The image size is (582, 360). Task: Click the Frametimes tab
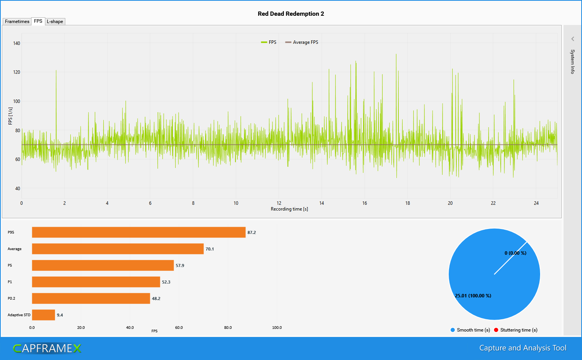coord(17,22)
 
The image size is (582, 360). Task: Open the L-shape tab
coord(55,22)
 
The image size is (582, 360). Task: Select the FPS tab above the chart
coord(38,21)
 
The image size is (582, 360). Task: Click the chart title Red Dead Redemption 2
coord(291,14)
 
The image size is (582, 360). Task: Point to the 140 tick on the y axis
coord(17,43)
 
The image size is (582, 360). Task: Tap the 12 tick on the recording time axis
coord(279,203)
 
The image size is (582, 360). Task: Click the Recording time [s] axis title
coord(289,209)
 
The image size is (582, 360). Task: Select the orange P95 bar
coord(138,232)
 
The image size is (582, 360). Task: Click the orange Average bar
coord(118,249)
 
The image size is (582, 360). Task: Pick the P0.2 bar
coord(91,299)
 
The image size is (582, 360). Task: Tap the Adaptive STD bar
coord(43,315)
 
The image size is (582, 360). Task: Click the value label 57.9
coord(180,265)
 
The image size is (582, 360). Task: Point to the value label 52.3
coord(166,282)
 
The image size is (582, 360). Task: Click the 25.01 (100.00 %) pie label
coord(473,296)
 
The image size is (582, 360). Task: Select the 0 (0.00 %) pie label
coord(515,253)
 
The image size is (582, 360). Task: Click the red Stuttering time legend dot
coord(496,330)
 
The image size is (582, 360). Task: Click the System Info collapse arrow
coord(572,39)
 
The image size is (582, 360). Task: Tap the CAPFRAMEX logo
coord(47,348)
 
